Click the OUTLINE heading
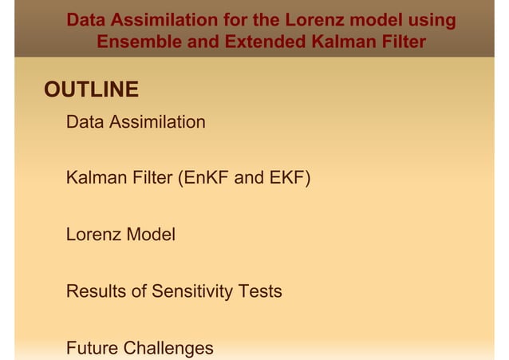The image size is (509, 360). tap(91, 89)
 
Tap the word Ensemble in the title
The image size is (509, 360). tap(136, 41)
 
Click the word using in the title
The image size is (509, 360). tap(429, 20)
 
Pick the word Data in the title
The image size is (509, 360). tap(87, 20)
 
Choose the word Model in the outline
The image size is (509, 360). tap(152, 235)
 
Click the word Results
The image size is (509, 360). tap(96, 291)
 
